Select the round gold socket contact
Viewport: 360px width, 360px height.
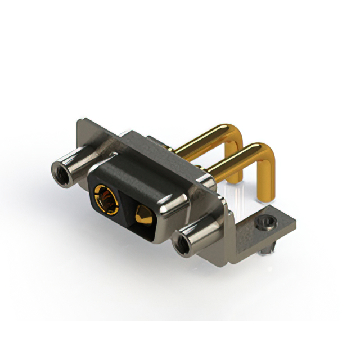pos(106,200)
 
